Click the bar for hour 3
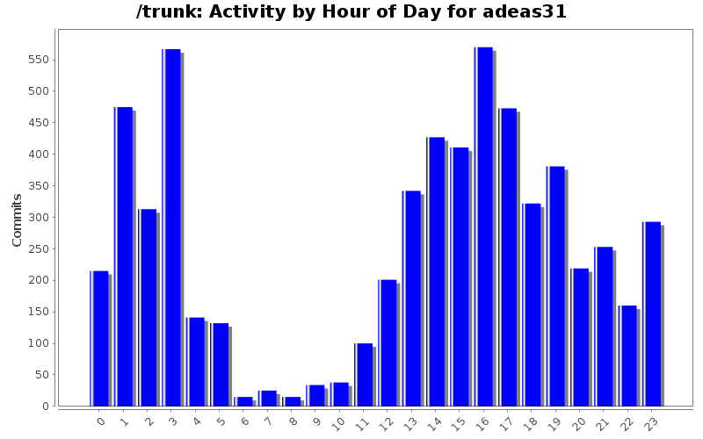[171, 227]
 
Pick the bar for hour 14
[436, 271]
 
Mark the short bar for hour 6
[243, 401]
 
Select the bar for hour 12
[388, 342]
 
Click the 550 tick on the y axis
[36, 60]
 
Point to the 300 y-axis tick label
[36, 218]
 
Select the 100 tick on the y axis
[36, 343]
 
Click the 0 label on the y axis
[43, 407]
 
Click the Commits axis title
[18, 219]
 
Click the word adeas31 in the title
[525, 12]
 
